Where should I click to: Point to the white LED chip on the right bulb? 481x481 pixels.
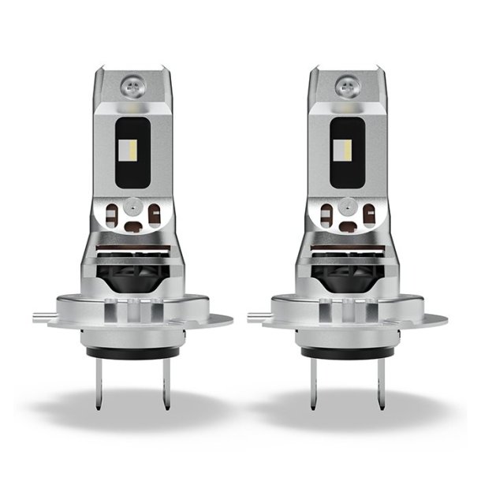[x=345, y=147]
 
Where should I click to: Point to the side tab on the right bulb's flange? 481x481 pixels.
[x=255, y=318]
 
